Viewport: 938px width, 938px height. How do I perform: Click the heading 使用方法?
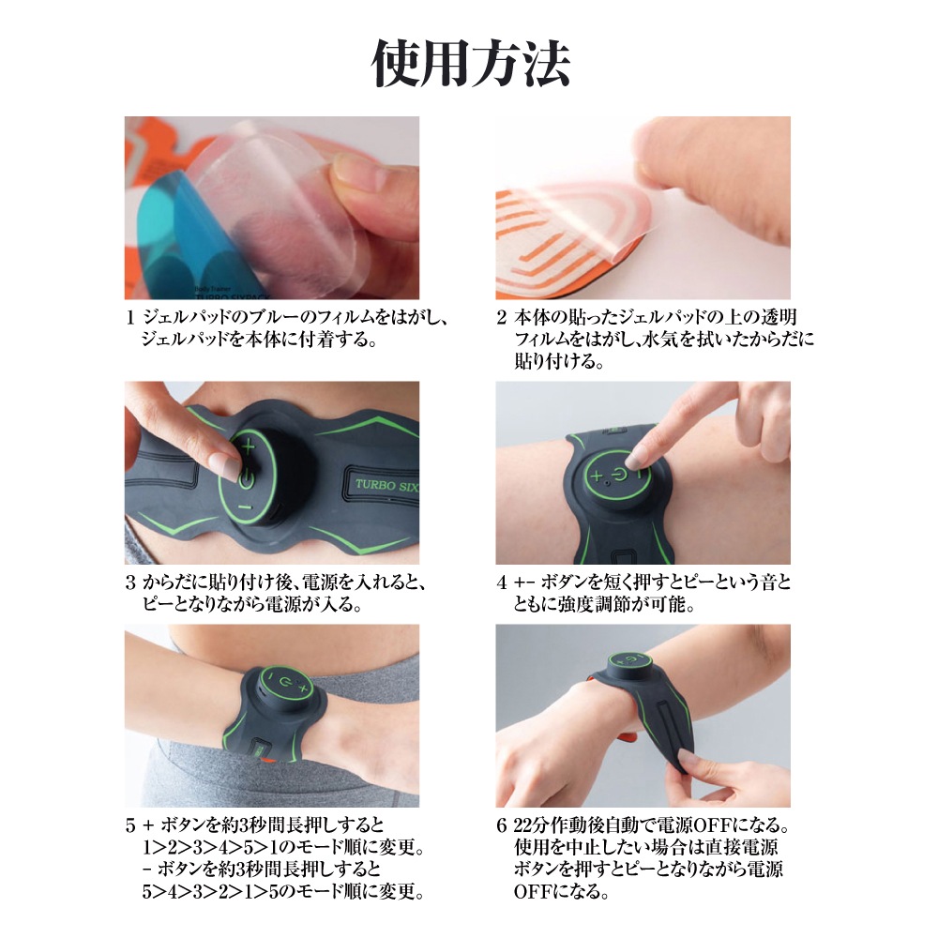470,64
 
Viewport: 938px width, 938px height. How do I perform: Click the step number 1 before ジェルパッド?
129,318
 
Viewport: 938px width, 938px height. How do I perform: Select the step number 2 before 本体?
501,318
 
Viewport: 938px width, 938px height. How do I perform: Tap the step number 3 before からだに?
130,582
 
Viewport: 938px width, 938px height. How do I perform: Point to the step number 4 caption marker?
501,582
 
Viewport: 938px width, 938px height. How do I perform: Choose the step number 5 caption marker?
130,826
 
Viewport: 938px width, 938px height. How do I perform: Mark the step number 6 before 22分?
501,826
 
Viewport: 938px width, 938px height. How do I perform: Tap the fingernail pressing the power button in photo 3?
225,463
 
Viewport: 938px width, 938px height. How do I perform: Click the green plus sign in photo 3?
249,446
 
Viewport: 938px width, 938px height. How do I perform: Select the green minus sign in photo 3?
246,507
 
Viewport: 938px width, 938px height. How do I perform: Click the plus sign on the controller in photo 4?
597,477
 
